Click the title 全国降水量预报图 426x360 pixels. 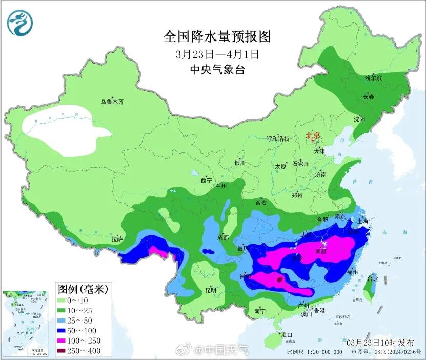pyautogui.click(x=217, y=36)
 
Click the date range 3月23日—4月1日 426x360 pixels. pyautogui.click(x=217, y=53)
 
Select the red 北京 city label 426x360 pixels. pyautogui.click(x=313, y=136)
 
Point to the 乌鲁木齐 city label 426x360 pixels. pyautogui.click(x=112, y=102)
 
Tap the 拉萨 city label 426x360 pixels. pyautogui.click(x=117, y=239)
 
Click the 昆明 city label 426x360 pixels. pyautogui.click(x=211, y=290)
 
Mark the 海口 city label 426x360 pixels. pyautogui.click(x=287, y=335)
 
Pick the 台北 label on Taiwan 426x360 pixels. pyautogui.click(x=373, y=279)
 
